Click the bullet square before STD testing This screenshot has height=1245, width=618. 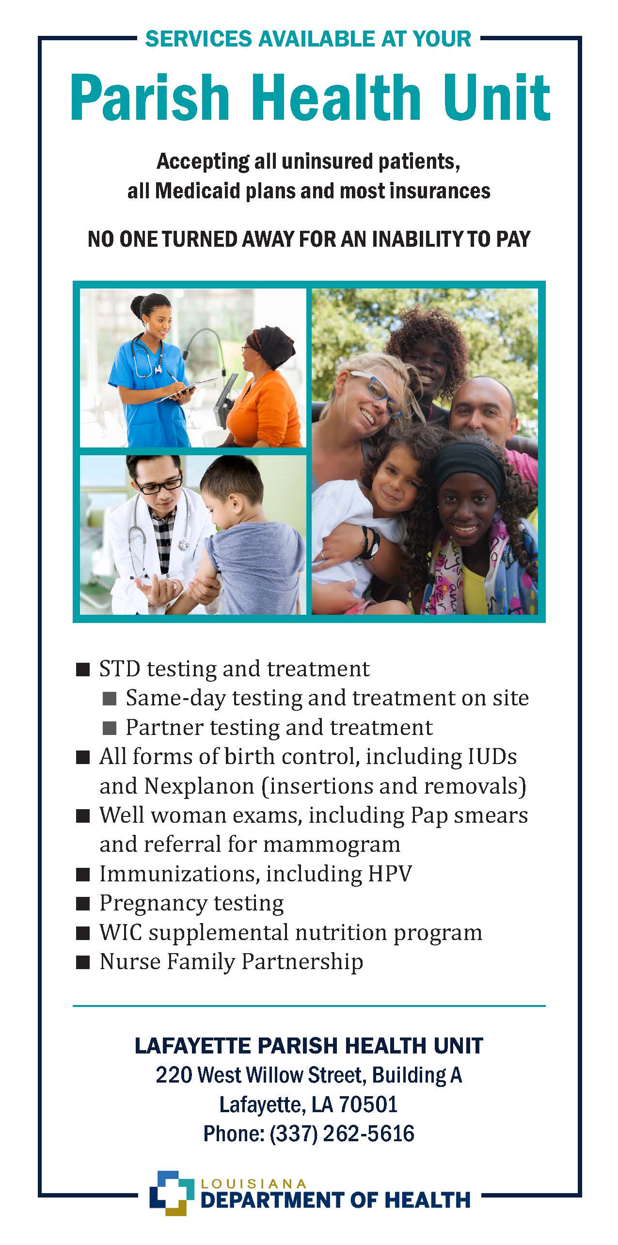click(83, 670)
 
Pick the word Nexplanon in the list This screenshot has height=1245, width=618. click(199, 786)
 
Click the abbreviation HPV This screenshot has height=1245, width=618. click(390, 874)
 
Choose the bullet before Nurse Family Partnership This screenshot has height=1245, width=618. click(83, 962)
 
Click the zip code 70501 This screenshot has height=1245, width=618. click(368, 1105)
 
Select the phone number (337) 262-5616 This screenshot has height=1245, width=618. click(342, 1134)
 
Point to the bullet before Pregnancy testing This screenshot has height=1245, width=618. click(83, 904)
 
